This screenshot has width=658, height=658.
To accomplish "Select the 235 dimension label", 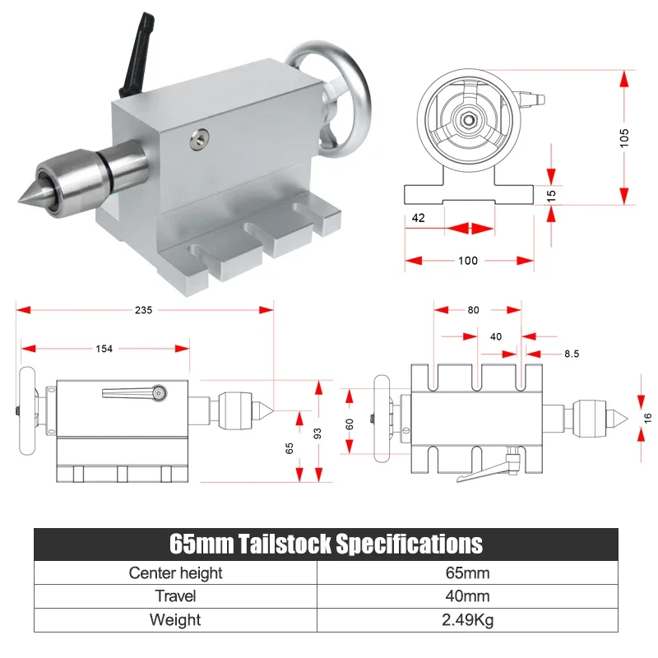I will click(x=143, y=310).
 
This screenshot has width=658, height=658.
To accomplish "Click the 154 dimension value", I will click(x=104, y=349).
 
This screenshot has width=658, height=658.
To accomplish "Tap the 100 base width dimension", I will click(x=467, y=261).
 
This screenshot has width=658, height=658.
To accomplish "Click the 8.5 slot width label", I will click(x=572, y=354).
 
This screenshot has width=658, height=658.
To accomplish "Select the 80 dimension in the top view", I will click(x=473, y=310).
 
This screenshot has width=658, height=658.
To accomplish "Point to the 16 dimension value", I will click(x=647, y=418).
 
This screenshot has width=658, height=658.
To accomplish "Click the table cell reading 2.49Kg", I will click(x=467, y=619).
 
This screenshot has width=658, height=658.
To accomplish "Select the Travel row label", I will click(x=175, y=596).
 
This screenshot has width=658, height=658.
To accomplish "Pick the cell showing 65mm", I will click(x=467, y=572).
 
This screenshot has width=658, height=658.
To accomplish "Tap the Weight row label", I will click(x=175, y=619).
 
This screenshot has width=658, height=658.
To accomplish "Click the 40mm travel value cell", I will click(x=467, y=596).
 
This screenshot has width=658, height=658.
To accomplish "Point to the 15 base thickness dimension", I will click(x=551, y=195).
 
